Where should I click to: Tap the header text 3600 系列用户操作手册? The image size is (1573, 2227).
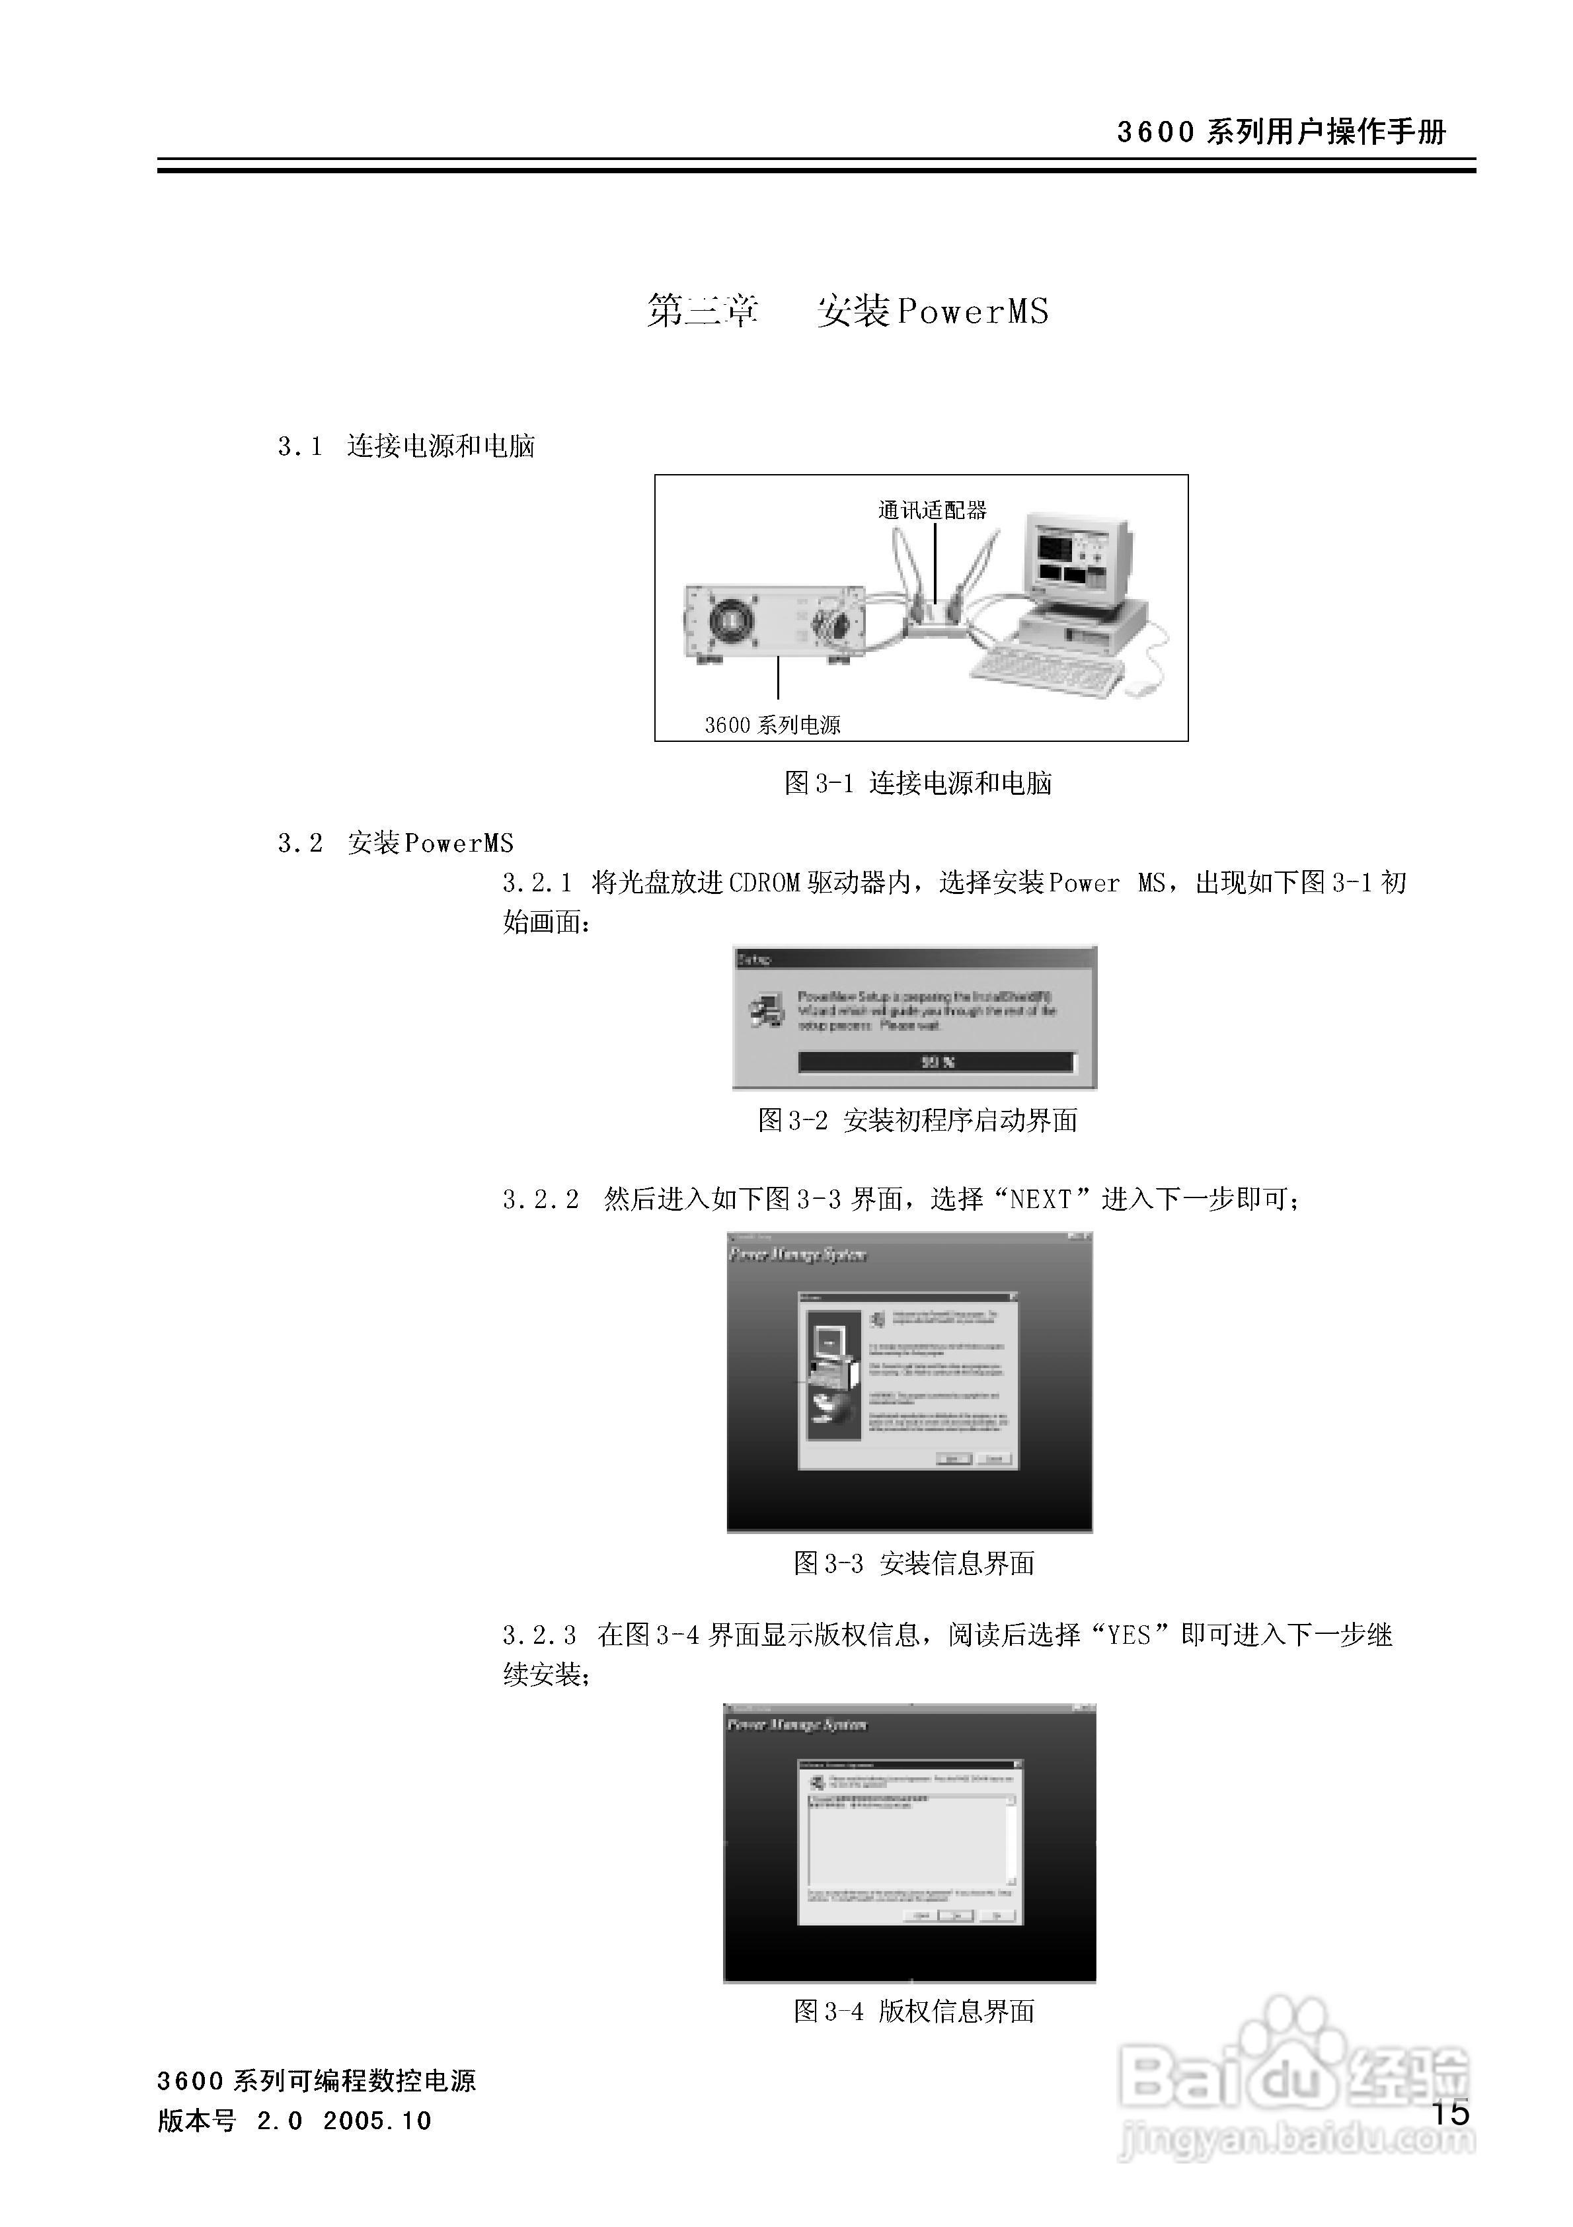[x=1280, y=132]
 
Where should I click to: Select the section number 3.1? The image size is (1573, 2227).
[x=299, y=446]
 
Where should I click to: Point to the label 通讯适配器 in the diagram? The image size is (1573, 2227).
[x=931, y=510]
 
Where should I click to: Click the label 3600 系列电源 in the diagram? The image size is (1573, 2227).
[x=772, y=725]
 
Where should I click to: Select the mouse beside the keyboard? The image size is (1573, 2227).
[x=1141, y=687]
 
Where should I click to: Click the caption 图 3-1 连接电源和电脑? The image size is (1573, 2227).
[x=917, y=783]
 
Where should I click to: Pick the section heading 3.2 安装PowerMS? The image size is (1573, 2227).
[x=396, y=843]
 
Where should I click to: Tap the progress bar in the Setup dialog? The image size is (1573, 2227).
[x=936, y=1062]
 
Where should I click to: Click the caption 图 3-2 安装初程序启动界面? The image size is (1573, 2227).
[x=917, y=1120]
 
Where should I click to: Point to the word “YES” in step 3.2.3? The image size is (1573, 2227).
[x=1129, y=1635]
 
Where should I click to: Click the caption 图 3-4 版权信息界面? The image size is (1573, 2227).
[x=913, y=2011]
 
